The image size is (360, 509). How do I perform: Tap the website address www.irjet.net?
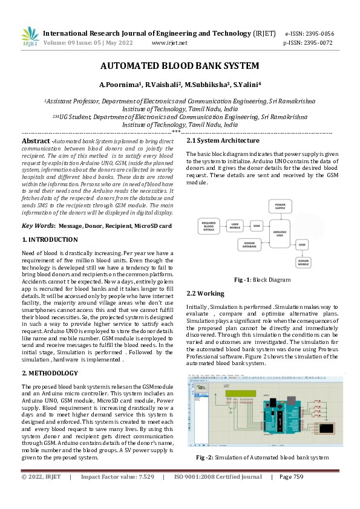point(169,43)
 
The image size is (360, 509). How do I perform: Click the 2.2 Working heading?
point(206,293)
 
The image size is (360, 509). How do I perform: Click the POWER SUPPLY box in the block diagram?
point(280,207)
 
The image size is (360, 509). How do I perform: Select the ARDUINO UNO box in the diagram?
point(280,232)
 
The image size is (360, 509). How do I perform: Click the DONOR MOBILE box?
point(303,262)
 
